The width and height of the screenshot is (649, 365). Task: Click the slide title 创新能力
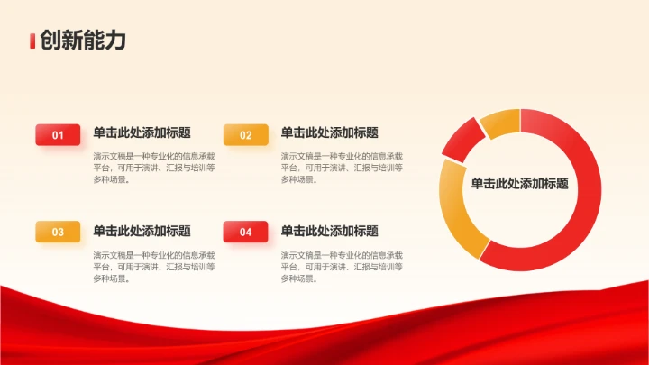point(82,41)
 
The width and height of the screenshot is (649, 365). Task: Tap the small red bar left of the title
point(32,41)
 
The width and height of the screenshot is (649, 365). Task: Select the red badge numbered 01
point(58,135)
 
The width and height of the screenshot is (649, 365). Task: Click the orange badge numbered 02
point(245,135)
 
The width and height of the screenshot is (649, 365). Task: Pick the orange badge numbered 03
point(58,232)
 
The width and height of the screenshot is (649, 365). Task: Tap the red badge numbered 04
point(245,232)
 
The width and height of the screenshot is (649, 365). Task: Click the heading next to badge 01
point(142,132)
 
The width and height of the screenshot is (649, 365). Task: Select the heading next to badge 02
point(329,132)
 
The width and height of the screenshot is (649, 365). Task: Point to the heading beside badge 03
point(142,231)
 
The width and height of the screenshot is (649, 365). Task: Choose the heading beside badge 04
point(329,231)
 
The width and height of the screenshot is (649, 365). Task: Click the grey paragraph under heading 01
point(154,168)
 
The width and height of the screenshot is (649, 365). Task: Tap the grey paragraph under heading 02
point(342,168)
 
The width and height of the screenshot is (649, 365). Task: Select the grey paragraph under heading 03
point(154,267)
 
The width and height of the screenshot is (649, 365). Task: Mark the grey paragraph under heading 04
point(342,267)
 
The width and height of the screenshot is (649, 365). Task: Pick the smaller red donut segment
point(461,140)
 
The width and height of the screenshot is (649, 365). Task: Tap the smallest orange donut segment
point(501,123)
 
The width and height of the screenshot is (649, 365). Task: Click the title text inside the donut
point(519,183)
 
